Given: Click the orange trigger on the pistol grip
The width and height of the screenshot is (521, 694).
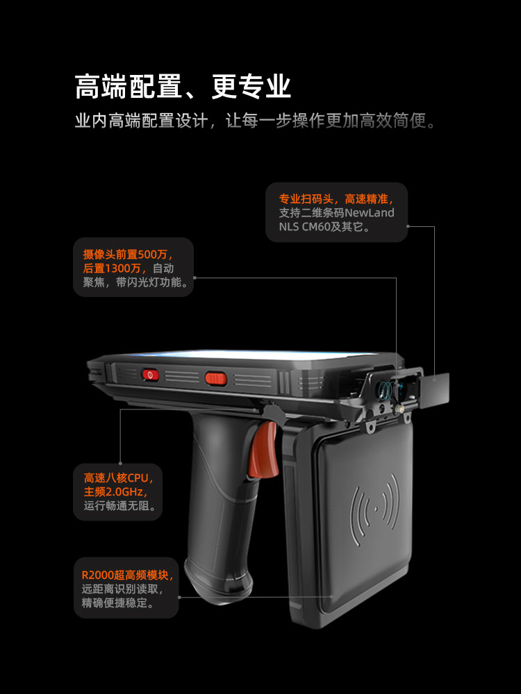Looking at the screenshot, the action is (263, 449).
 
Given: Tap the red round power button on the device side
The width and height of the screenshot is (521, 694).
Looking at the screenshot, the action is (151, 375).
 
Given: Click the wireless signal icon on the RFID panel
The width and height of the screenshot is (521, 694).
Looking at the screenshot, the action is (375, 510).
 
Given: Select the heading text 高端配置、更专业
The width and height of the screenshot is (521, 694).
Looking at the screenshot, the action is (183, 86).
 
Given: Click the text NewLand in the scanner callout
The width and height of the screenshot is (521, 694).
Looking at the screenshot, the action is (370, 213).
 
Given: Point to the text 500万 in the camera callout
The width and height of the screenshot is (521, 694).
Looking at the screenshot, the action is (153, 255).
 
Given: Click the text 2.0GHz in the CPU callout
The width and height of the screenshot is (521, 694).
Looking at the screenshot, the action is (124, 492).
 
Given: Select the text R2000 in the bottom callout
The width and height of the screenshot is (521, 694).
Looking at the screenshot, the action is (97, 575).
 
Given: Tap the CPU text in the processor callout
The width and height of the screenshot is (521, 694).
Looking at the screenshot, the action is (138, 478).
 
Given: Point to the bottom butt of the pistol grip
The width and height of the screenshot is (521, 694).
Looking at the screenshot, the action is (220, 579).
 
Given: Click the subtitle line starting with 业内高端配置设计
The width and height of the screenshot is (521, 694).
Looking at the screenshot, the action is (256, 120).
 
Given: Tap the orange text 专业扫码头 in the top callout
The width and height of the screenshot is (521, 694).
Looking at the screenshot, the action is (306, 199).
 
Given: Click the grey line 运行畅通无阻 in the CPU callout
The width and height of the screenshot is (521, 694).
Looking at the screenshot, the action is (120, 505).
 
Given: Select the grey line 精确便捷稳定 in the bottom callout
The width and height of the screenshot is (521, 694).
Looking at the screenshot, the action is (118, 603).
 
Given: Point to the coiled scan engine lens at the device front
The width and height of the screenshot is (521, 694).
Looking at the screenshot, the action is (385, 390).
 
